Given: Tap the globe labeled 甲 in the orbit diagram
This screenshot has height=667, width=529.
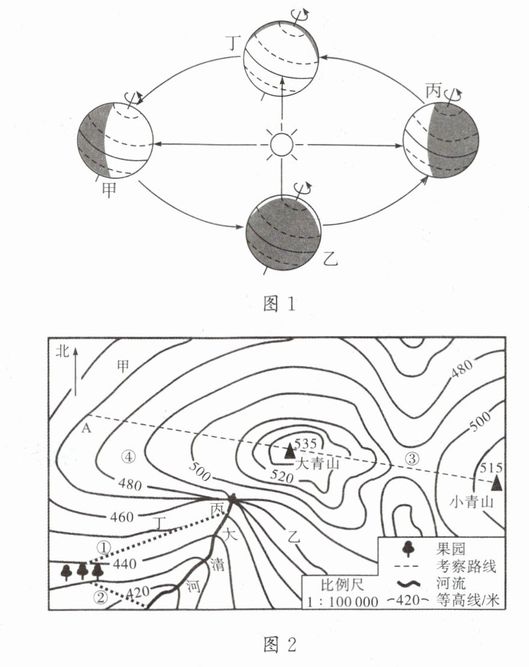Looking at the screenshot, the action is pyautogui.click(x=115, y=140).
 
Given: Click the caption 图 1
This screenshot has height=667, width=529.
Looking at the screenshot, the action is pyautogui.click(x=281, y=304).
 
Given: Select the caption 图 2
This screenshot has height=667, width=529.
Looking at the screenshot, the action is pyautogui.click(x=281, y=645).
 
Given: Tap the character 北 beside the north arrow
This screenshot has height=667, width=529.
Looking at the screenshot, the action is pyautogui.click(x=62, y=351).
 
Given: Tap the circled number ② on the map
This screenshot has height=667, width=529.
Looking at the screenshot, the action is pyautogui.click(x=101, y=596).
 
